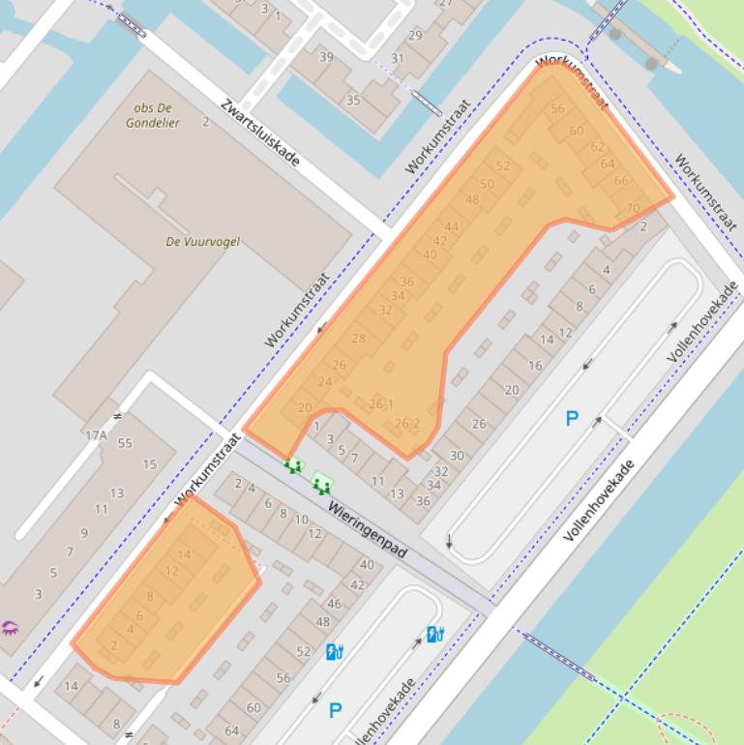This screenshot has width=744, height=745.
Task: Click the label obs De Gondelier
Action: pos(152,115)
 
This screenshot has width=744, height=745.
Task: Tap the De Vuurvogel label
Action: pos(202,242)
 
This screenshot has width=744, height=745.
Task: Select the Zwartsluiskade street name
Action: pos(259,132)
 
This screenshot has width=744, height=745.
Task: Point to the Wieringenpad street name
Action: pos(367,529)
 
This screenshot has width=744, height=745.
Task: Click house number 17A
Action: pos(96,435)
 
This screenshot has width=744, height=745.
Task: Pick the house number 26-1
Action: pos(381,403)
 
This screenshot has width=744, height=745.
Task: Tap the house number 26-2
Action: pos(407,424)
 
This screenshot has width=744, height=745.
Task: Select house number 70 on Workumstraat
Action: pos(633,208)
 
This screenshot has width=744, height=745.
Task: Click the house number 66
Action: pos(621,180)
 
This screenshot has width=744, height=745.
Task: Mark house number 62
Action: pos(597,147)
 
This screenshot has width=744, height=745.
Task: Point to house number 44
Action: pos(451,227)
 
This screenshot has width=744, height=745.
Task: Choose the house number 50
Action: pos(487,184)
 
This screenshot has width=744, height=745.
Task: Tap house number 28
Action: pos(359,339)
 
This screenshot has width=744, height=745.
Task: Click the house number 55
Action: pos(124,443)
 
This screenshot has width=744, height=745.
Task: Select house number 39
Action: pos(326,57)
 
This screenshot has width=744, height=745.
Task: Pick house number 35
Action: pos(353,100)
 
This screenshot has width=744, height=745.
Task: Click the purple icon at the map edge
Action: pos(10,628)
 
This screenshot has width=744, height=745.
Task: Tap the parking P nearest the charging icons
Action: pos(335,711)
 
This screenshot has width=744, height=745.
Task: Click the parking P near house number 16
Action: pos(572,419)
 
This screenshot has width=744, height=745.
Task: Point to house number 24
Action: pos(325,381)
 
